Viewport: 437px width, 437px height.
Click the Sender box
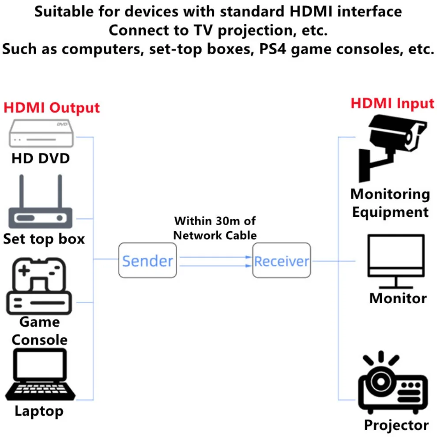(147, 260)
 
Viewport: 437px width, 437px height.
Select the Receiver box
(282, 261)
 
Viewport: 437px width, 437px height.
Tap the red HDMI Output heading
(52, 108)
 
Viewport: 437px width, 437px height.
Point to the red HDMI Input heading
(392, 103)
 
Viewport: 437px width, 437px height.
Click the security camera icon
(391, 146)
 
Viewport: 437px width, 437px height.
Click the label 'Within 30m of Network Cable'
(215, 228)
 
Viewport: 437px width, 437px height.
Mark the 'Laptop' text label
(39, 411)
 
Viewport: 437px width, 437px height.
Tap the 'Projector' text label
(396, 425)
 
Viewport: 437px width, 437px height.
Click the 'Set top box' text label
(44, 239)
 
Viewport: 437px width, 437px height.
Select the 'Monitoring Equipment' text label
(390, 203)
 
